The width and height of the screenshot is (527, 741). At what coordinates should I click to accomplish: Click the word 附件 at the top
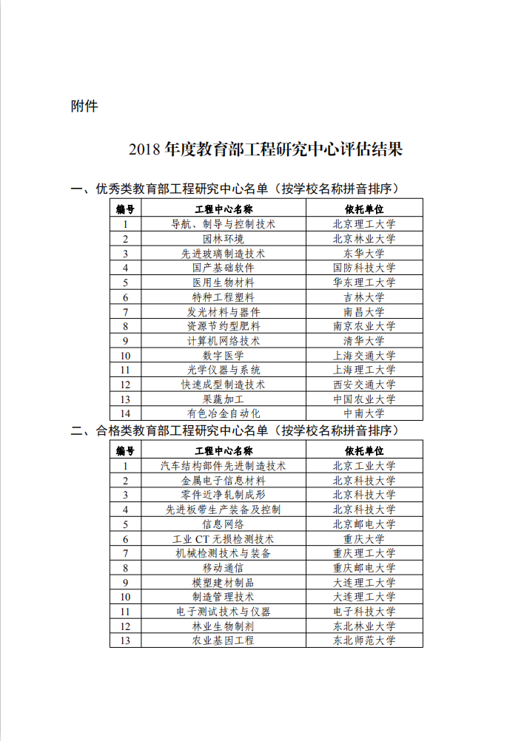click(84, 106)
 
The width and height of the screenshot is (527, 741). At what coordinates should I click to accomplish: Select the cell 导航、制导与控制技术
click(224, 224)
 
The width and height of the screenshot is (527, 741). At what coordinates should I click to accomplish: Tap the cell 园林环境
click(224, 239)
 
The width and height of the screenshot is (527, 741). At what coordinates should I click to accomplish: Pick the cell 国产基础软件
click(224, 268)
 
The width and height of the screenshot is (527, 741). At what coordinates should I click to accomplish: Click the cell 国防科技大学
click(364, 268)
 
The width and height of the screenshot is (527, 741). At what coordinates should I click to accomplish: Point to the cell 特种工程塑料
click(224, 297)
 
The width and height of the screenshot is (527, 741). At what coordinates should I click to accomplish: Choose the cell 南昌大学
click(364, 311)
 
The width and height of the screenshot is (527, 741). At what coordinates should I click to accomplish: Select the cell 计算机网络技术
click(224, 341)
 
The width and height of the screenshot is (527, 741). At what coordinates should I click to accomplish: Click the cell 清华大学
click(364, 341)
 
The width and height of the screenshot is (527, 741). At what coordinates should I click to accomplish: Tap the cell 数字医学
click(224, 356)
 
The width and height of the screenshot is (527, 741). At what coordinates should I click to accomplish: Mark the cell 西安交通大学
click(364, 385)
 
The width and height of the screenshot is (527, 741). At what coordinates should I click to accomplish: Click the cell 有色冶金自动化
click(224, 413)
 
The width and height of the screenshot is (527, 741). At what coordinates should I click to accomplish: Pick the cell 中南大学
click(364, 413)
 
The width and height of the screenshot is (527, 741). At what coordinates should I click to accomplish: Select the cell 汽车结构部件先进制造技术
click(224, 466)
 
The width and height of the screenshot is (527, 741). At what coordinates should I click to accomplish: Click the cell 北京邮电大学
click(364, 524)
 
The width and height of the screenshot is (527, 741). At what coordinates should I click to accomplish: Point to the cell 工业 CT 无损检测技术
click(224, 539)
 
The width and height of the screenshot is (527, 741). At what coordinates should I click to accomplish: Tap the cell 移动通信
click(224, 568)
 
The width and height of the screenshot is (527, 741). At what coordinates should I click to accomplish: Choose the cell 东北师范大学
click(364, 640)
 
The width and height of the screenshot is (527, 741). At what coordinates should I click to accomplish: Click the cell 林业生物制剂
click(224, 626)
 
